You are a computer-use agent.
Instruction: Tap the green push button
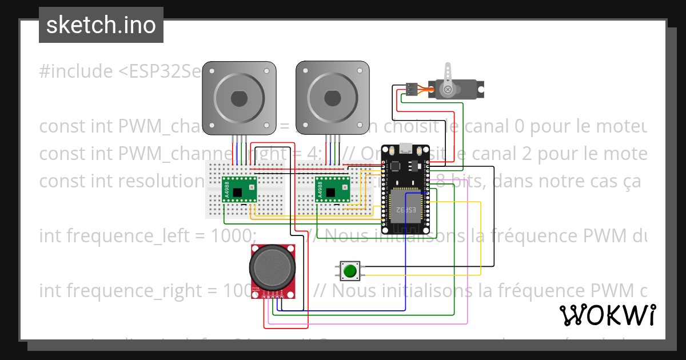(x=350, y=270)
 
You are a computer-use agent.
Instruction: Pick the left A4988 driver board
(x=239, y=189)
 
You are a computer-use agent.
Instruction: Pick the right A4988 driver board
(x=333, y=189)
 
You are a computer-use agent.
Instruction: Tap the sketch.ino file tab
(x=101, y=25)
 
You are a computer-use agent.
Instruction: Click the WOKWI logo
(x=607, y=315)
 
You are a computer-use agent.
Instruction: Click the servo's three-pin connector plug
(x=411, y=89)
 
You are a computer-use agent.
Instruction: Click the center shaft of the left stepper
(x=240, y=98)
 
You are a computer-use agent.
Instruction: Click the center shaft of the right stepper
(x=332, y=98)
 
